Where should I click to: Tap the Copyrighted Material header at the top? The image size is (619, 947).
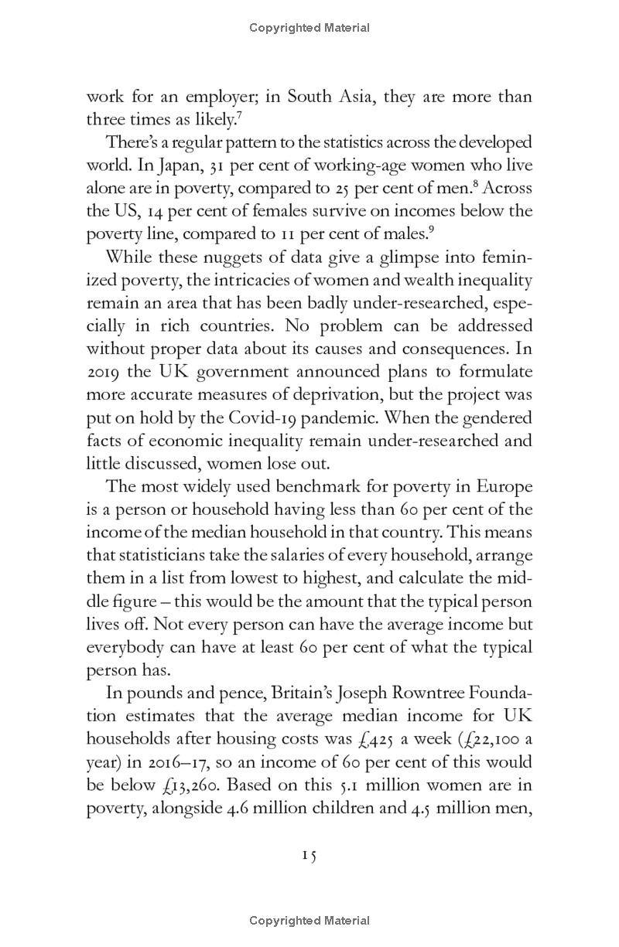click(x=309, y=28)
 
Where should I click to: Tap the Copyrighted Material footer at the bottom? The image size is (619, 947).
click(x=309, y=920)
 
